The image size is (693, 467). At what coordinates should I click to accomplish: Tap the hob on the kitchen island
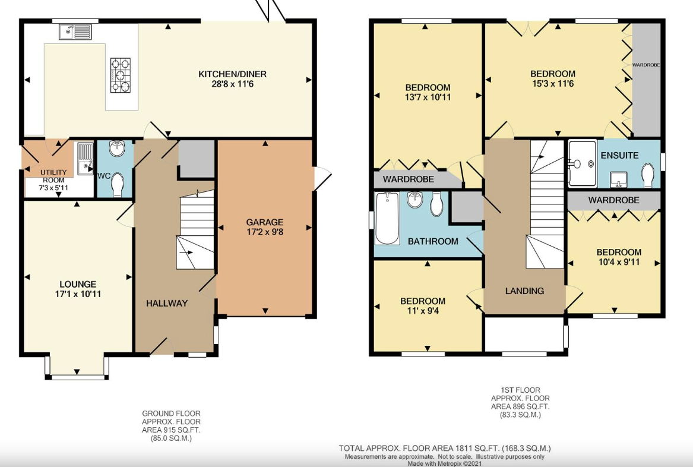pos(121,75)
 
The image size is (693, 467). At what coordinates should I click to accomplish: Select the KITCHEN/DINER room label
pos(232,74)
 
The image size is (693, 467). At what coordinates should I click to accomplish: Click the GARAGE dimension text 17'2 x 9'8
pos(265,232)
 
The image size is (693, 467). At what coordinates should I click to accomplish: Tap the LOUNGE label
pos(77,284)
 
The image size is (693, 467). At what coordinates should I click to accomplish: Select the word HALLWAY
pos(167,303)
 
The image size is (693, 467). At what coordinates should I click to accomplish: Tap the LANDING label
pos(524,291)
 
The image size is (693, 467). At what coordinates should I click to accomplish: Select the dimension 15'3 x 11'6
pos(552,84)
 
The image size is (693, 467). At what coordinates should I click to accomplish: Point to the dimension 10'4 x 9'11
pos(619,262)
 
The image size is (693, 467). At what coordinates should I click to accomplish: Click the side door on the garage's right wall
pos(321,178)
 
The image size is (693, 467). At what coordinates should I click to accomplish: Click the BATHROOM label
pos(433,241)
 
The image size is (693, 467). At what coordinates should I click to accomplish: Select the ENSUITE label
pos(619,155)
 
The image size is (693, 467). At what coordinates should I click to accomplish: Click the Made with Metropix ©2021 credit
pos(445,463)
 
